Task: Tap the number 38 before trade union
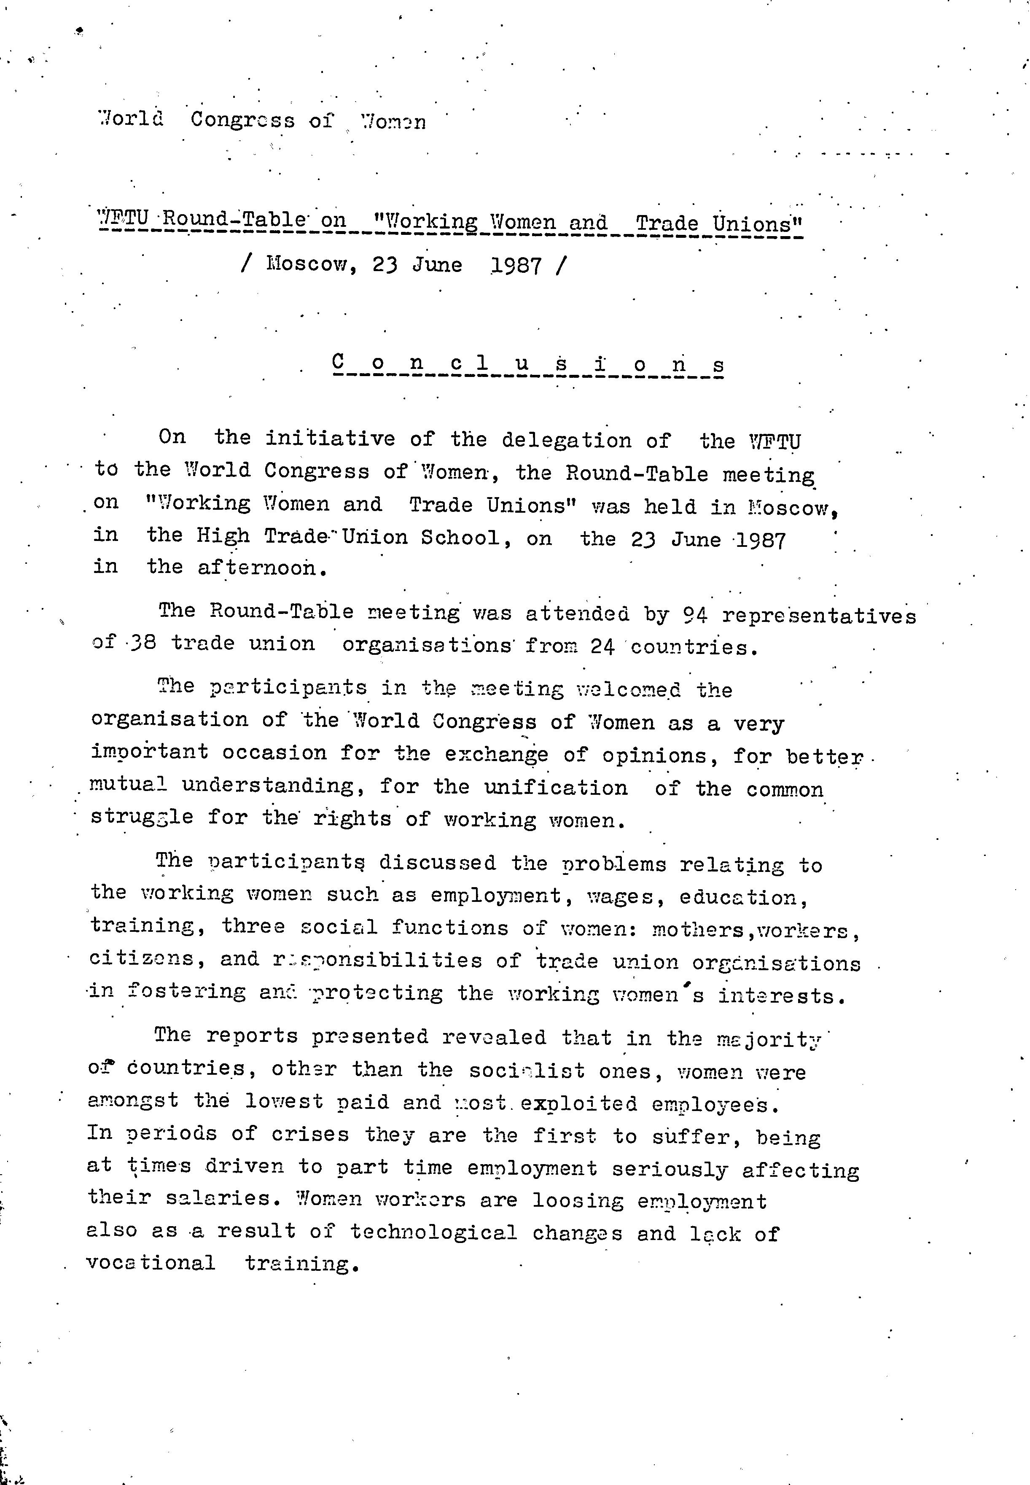point(143,643)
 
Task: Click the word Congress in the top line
point(243,120)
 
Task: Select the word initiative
point(331,438)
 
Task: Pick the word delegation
point(567,440)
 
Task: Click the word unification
point(556,788)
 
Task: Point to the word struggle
point(141,817)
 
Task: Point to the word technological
point(434,1233)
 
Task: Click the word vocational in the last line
point(151,1263)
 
